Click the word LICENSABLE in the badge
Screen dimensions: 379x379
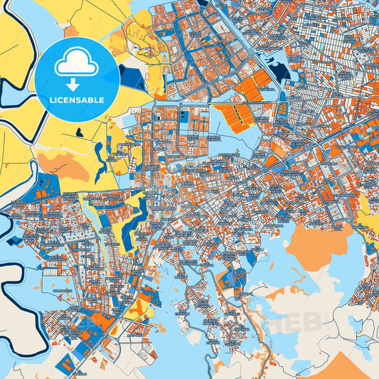tap(77, 100)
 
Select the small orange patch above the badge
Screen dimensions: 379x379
tap(70, 31)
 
